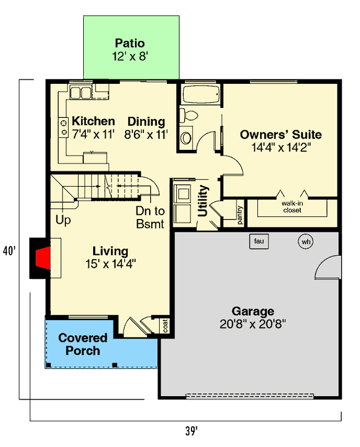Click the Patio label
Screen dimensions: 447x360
point(129,43)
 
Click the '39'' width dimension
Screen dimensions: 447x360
point(191,431)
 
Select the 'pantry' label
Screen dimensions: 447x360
point(239,215)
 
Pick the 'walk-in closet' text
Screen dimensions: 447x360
point(291,207)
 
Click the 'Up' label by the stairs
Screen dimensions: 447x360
point(63,220)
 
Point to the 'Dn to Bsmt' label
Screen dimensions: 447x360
point(150,218)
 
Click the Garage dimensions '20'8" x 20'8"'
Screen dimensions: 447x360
point(253,325)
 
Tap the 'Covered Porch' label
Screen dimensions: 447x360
point(83,344)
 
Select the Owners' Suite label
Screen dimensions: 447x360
point(281,134)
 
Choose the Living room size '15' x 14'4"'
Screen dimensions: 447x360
point(111,264)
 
